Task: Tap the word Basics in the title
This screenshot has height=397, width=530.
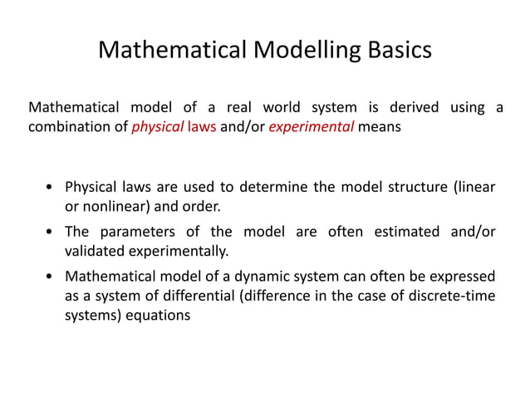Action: pos(398,51)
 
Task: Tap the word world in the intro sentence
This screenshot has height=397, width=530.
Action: pos(282,108)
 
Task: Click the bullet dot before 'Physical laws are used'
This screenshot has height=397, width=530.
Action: pos(52,187)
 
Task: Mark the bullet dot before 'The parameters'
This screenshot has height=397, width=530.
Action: pos(52,232)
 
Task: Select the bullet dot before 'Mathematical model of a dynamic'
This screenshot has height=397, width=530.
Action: pos(52,276)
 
